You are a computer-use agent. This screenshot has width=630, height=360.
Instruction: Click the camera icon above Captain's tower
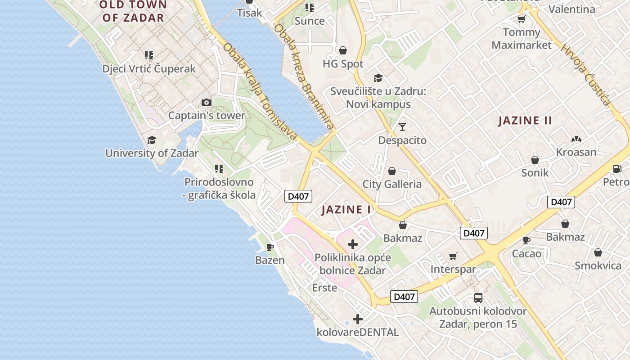pyautogui.click(x=207, y=103)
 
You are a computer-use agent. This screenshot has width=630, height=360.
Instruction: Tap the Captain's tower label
pyautogui.click(x=207, y=116)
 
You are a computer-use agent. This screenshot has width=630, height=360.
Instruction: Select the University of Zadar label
pyautogui.click(x=152, y=153)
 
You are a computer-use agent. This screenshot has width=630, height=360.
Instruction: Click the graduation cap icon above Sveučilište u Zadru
pyautogui.click(x=378, y=78)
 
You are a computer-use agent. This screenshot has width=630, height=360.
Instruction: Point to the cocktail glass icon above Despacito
pyautogui.click(x=402, y=127)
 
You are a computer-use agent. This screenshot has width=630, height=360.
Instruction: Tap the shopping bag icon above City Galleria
pyautogui.click(x=392, y=171)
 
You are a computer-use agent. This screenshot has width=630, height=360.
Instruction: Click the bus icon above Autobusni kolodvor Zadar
pyautogui.click(x=478, y=298)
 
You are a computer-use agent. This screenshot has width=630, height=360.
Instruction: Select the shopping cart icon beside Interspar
pyautogui.click(x=453, y=256)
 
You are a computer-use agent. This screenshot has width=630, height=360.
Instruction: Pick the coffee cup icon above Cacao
pyautogui.click(x=526, y=240)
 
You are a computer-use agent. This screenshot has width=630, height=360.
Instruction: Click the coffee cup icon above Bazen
pyautogui.click(x=270, y=247)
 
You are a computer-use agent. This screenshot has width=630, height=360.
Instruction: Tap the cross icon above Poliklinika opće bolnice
pyautogui.click(x=353, y=244)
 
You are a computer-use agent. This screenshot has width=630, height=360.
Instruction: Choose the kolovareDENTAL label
pyautogui.click(x=358, y=333)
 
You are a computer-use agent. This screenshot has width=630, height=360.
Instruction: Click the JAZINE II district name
pyautogui.click(x=525, y=121)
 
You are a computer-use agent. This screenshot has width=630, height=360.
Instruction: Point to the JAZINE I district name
pyautogui.click(x=346, y=210)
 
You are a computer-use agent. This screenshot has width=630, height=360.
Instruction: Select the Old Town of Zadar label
pyautogui.click(x=133, y=12)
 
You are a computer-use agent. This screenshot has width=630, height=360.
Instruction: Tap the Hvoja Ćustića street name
pyautogui.click(x=585, y=75)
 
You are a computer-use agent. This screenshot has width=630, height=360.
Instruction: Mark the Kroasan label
pyautogui.click(x=576, y=152)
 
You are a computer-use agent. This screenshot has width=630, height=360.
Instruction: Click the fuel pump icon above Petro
pyautogui.click(x=617, y=169)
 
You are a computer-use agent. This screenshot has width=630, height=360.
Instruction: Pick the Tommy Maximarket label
pyautogui.click(x=522, y=39)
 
